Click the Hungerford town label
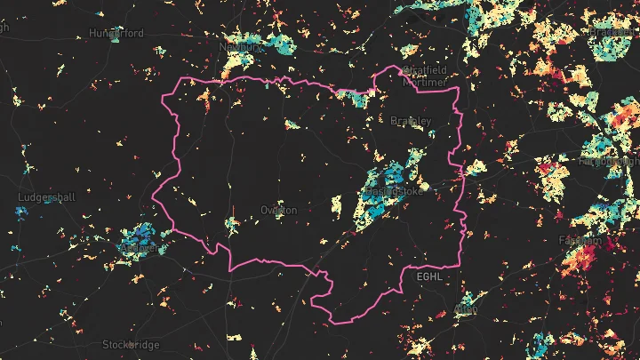[116, 33]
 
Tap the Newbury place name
[240, 46]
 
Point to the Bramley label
[411, 120]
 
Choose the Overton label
[279, 210]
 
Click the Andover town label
[142, 250]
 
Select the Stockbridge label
[131, 344]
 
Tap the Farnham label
[580, 241]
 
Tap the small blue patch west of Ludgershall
[20, 212]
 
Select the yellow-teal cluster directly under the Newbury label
[238, 62]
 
